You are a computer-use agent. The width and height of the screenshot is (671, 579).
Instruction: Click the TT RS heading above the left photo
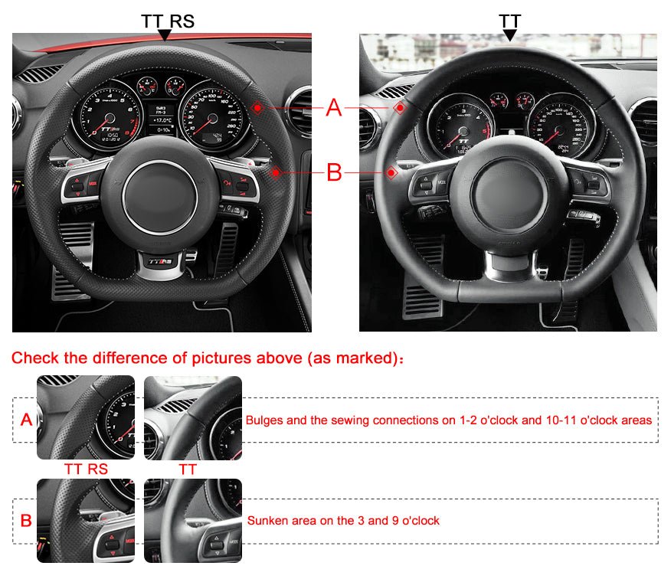(168, 20)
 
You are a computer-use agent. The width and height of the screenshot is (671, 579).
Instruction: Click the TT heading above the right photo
(509, 20)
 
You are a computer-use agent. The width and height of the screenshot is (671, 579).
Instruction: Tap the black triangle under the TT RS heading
(163, 35)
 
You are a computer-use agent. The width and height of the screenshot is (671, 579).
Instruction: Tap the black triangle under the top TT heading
(509, 35)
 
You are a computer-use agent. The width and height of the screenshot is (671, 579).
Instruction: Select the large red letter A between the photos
(334, 109)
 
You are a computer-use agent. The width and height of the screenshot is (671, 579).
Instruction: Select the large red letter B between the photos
(334, 172)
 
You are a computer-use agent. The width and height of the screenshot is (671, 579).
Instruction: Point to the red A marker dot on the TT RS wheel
(257, 108)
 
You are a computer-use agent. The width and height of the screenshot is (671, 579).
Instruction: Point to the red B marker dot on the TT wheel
(391, 172)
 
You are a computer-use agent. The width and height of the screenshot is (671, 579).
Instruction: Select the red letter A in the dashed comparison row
(26, 420)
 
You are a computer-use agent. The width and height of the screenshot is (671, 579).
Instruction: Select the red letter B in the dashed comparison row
(26, 521)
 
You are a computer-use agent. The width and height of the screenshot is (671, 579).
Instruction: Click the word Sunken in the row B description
(266, 521)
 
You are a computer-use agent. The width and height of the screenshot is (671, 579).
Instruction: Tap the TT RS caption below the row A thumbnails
(86, 469)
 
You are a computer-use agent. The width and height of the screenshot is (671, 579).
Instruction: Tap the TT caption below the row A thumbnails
(188, 469)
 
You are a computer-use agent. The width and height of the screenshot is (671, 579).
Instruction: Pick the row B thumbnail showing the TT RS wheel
(86, 521)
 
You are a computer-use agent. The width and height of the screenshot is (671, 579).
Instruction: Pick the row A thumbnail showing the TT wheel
(193, 417)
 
